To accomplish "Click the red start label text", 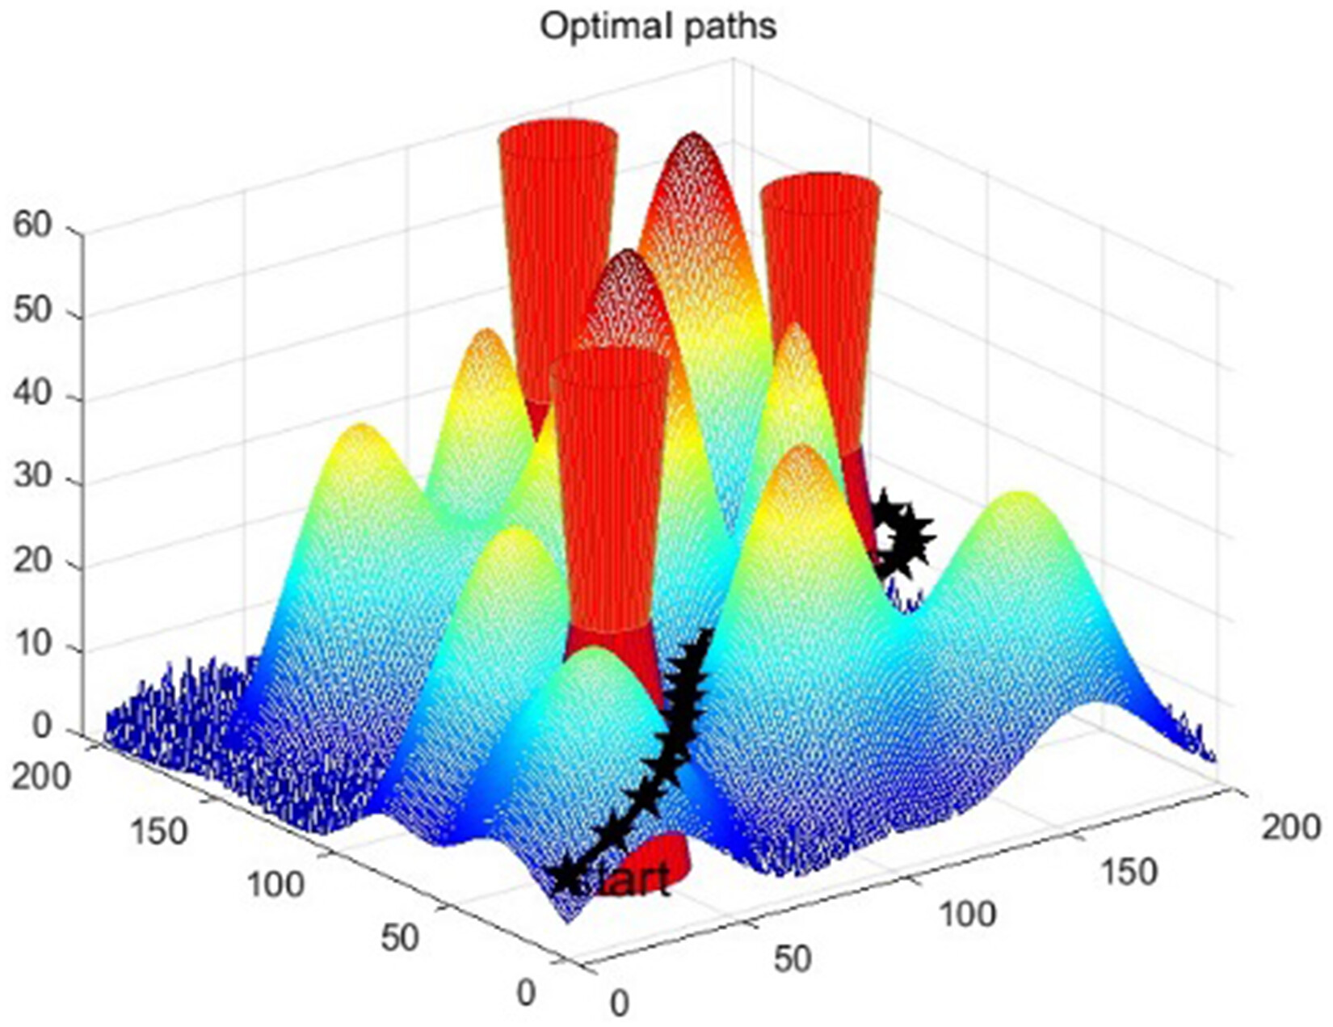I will [634, 880].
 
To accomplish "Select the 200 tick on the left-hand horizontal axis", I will [40, 777].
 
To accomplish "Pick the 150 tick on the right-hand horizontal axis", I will [1128, 871].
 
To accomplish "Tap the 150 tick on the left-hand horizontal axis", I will [158, 831].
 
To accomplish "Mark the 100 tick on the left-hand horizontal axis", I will [275, 885].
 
